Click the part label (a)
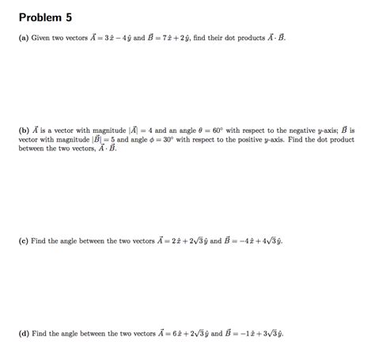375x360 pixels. click(x=23, y=38)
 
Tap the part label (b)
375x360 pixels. click(x=24, y=130)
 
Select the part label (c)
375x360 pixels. click(x=23, y=241)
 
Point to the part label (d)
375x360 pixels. click(x=24, y=333)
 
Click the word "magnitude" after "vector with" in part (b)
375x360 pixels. click(x=75, y=138)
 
